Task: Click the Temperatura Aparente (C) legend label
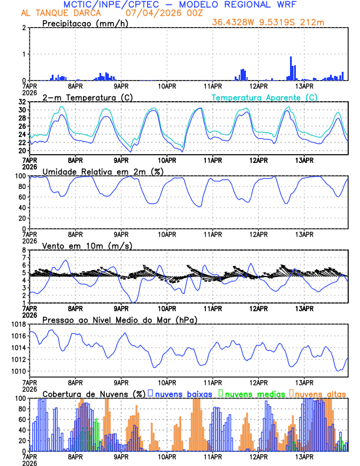pos(265,97)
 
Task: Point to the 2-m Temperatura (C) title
pos(87,97)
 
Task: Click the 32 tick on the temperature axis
pos(22,102)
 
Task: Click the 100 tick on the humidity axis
pos(20,176)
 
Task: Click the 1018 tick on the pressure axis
pos(18,324)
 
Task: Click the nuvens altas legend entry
pos(319,393)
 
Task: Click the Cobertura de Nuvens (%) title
pos(91,393)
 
